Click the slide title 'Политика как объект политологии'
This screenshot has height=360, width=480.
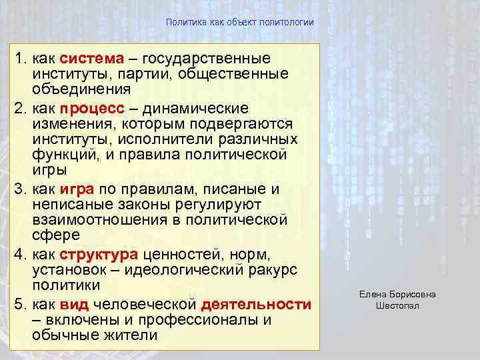click(x=240, y=23)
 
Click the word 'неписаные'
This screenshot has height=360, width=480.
click(x=70, y=204)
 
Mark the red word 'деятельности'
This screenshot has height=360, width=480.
click(x=256, y=304)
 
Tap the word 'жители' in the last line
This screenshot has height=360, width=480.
click(x=134, y=335)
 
